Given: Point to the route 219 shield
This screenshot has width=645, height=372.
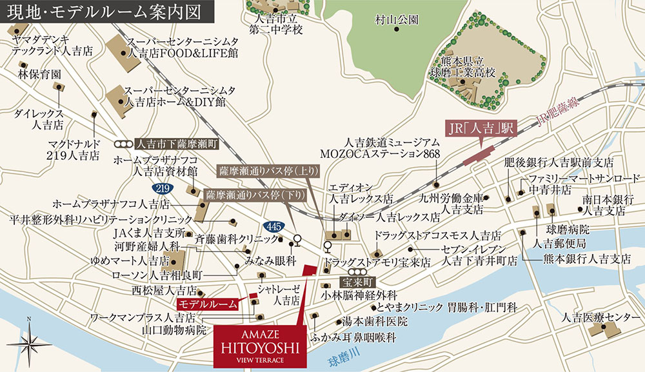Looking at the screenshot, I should [162, 188].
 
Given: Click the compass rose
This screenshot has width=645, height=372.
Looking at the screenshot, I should [29, 340].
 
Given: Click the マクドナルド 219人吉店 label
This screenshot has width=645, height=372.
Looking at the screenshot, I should [74, 149].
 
